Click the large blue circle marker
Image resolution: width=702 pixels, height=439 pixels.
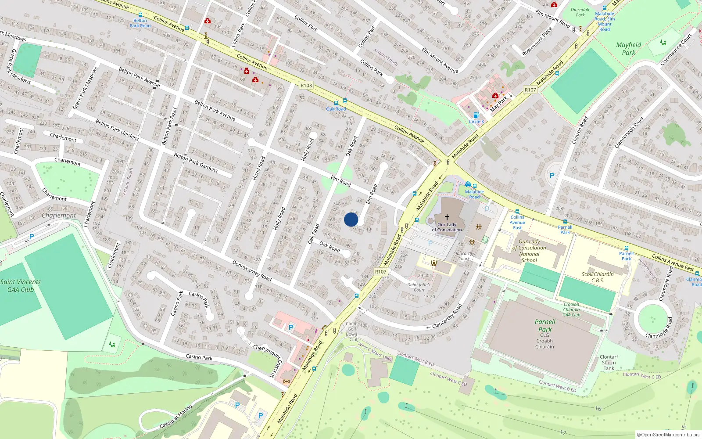click(x=351, y=219)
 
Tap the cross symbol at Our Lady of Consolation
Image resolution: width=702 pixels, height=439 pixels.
click(x=447, y=217)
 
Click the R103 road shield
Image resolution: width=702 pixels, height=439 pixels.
click(x=306, y=86)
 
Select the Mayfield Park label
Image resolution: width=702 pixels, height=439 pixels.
click(x=629, y=49)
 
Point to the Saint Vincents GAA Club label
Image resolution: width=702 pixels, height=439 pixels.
click(x=21, y=285)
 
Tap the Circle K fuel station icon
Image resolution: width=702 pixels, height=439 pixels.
click(x=476, y=115)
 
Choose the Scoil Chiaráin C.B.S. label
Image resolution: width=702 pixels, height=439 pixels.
click(x=598, y=277)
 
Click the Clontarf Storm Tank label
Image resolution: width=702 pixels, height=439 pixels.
click(x=609, y=363)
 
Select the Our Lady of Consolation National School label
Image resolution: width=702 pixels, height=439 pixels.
click(x=529, y=251)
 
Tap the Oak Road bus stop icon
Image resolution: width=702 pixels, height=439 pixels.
click(x=345, y=101)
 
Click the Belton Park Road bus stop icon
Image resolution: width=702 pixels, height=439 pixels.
click(x=140, y=15)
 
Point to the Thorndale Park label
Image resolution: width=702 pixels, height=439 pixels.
click(x=580, y=12)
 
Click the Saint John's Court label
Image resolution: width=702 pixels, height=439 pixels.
click(x=419, y=287)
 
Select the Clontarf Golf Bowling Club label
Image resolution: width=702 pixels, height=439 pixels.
click(x=352, y=331)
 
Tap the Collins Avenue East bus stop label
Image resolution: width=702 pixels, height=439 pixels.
click(x=517, y=222)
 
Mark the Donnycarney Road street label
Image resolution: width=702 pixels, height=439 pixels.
click(x=252, y=271)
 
